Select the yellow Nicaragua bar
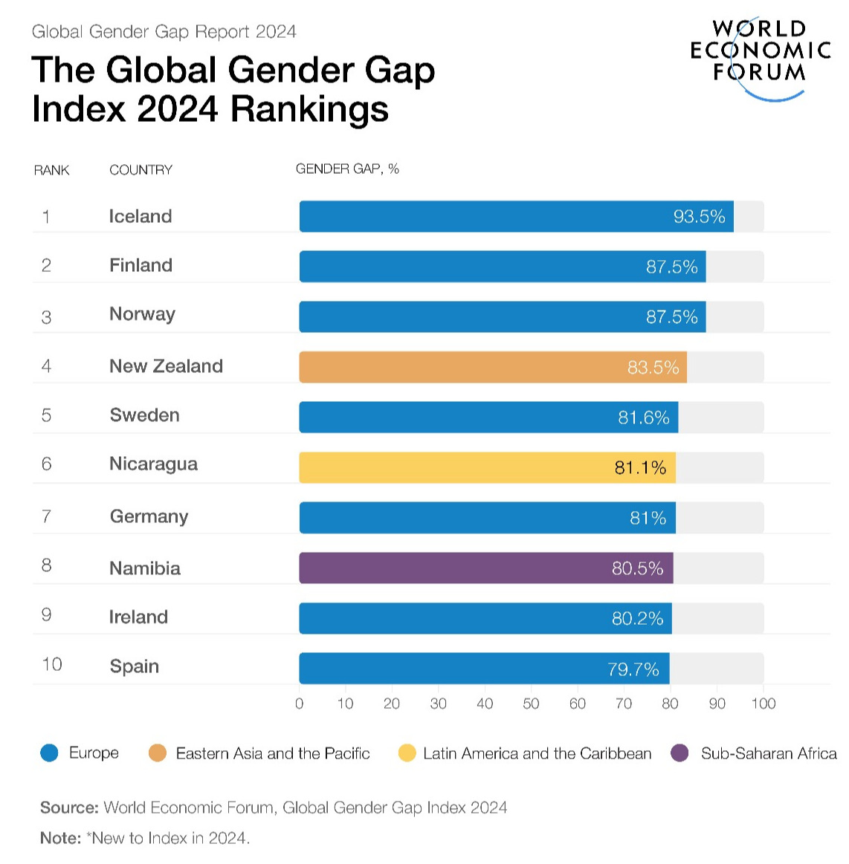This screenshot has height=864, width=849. (x=487, y=467)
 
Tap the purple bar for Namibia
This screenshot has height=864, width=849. (x=485, y=568)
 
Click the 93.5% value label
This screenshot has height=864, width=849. (x=699, y=216)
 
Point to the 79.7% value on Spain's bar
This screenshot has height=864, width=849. (x=633, y=669)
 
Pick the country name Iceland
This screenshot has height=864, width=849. (x=141, y=216)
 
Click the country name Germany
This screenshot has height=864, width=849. (x=149, y=516)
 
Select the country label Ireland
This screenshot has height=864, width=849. (x=138, y=617)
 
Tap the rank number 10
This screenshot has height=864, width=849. (x=52, y=664)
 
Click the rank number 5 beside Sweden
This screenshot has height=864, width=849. (x=46, y=415)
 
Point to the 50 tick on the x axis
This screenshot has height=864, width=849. (x=531, y=704)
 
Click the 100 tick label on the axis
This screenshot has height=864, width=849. (x=764, y=704)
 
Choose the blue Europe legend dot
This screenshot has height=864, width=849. (x=49, y=753)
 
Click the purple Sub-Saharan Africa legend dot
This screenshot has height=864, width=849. (x=679, y=753)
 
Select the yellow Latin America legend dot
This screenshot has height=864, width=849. (x=407, y=753)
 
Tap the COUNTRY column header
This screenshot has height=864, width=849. (x=141, y=170)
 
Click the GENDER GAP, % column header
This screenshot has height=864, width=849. (x=347, y=169)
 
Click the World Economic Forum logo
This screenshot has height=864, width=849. (x=760, y=56)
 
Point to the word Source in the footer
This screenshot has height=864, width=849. (x=68, y=808)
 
